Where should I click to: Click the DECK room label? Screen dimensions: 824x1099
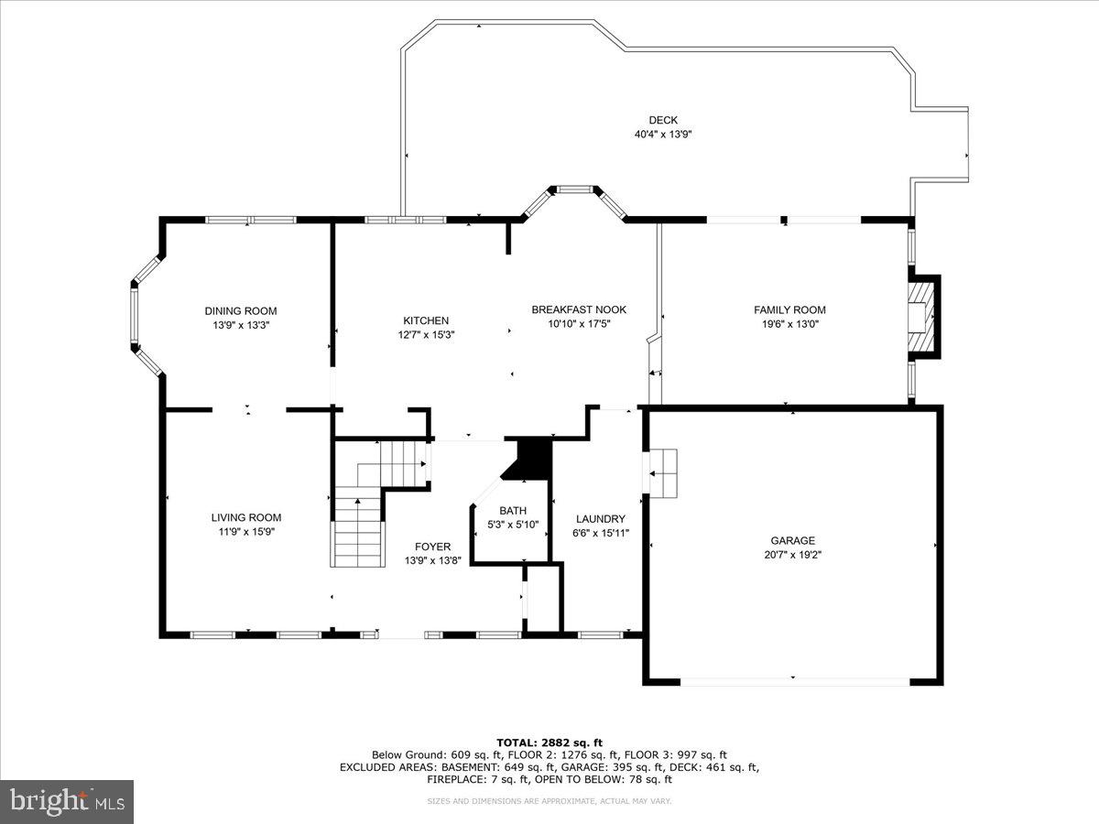coord(663,120)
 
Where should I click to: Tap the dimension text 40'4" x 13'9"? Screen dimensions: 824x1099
coord(663,135)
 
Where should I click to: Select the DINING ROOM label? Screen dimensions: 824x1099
coord(240,311)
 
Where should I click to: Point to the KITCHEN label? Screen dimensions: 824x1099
coord(426,320)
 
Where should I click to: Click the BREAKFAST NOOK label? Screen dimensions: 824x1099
coord(579,309)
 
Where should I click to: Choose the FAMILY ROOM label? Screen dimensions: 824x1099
coord(789,309)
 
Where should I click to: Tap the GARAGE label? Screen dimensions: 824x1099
coord(792,540)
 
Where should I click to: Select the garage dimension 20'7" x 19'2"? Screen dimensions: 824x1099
coord(792,554)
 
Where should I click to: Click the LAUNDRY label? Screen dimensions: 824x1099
coord(600,518)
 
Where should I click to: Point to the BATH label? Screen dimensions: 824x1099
coord(513,511)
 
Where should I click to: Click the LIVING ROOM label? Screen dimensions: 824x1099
coord(246,517)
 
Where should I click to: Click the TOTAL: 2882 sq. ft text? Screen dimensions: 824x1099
coord(549,743)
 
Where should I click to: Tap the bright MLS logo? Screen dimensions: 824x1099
coord(67,802)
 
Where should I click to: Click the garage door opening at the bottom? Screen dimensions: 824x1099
coord(794,681)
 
